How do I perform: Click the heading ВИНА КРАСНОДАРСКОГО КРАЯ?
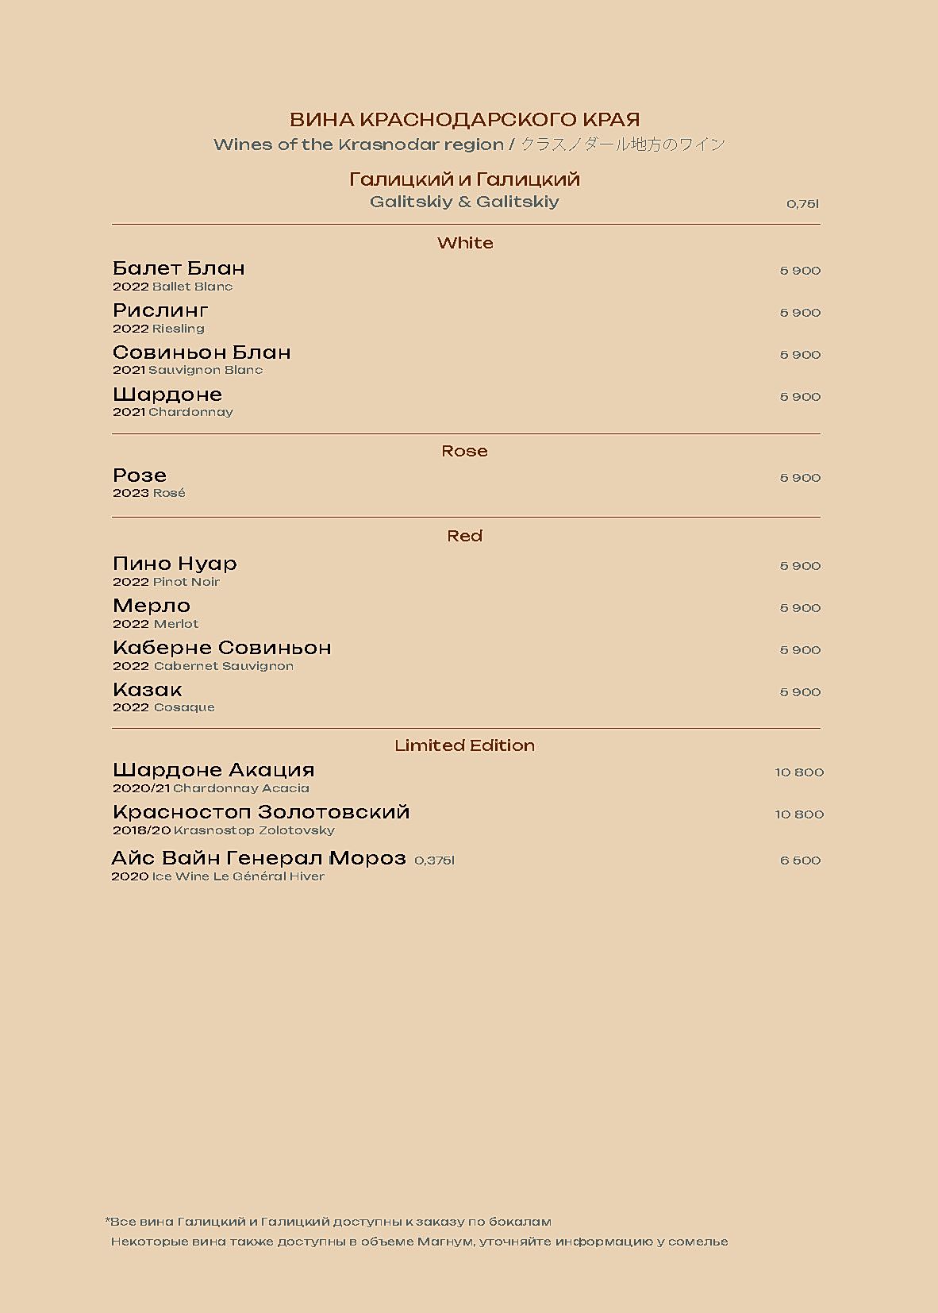[x=464, y=120]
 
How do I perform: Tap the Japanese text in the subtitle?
[x=623, y=144]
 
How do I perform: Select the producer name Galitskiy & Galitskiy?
[x=464, y=202]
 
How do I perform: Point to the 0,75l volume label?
[x=802, y=204]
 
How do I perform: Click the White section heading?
[x=465, y=243]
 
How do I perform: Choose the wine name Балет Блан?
[x=179, y=268]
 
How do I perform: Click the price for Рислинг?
[x=800, y=313]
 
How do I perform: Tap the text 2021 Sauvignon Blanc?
[x=187, y=370]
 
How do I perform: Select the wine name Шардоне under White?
[x=167, y=395]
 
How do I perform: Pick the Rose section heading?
[x=464, y=451]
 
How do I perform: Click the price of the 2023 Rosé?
[x=800, y=478]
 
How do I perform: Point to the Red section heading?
[x=464, y=536]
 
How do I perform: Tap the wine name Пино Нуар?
[x=175, y=564]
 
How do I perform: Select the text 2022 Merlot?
[x=156, y=624]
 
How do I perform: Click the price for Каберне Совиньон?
[x=800, y=650]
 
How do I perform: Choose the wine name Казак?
[x=148, y=690]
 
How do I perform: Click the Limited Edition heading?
[x=464, y=745]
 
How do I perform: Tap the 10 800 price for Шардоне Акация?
[x=799, y=772]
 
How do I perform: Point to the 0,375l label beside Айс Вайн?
[x=434, y=861]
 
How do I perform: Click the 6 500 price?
[x=800, y=861]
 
